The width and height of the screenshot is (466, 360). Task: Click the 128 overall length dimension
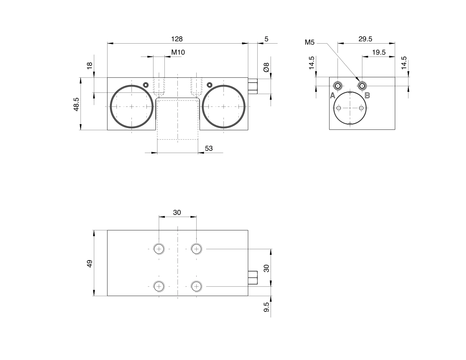pos(177,39)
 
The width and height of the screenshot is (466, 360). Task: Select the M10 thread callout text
pos(178,52)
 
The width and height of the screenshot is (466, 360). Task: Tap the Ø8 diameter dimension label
pos(266,67)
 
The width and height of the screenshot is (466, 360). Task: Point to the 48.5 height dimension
pos(76,104)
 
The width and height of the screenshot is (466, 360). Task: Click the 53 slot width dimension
pos(209,148)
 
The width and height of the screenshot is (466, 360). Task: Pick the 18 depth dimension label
pos(90,66)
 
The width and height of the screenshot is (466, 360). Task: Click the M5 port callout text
pos(310,43)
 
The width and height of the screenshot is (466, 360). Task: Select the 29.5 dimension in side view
pos(365,39)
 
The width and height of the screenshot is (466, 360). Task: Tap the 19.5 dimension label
pos(379,52)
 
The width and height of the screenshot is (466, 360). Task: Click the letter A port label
pos(333,95)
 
